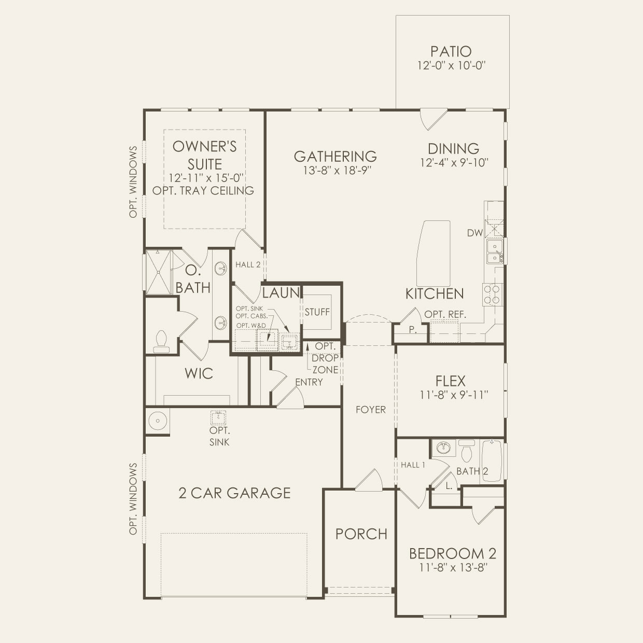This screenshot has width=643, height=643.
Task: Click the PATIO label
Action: click(x=451, y=51)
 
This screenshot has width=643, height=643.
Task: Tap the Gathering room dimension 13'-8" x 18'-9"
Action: click(x=337, y=171)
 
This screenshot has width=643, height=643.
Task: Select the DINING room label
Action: click(x=453, y=149)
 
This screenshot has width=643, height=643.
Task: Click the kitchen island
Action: click(x=434, y=251)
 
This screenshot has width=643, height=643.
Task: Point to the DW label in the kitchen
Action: click(x=474, y=233)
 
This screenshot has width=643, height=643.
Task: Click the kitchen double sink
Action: click(x=495, y=251)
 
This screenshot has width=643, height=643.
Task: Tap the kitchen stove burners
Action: click(x=493, y=295)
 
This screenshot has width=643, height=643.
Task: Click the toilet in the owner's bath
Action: click(x=161, y=342)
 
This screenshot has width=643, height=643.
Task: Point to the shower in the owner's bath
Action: click(x=159, y=272)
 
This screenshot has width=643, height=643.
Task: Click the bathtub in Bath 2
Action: click(x=492, y=461)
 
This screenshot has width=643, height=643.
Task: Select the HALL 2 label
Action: click(x=247, y=264)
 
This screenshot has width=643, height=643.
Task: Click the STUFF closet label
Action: click(x=317, y=312)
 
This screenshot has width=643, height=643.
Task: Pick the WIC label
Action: click(x=199, y=374)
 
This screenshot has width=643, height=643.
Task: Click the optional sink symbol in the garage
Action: click(x=218, y=417)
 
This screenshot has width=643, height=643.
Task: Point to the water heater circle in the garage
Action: click(x=158, y=421)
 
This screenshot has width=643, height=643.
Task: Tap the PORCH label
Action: click(x=361, y=534)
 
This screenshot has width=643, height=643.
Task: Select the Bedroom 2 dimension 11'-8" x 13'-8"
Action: click(x=453, y=567)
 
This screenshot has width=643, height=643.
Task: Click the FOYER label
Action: click(x=371, y=410)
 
